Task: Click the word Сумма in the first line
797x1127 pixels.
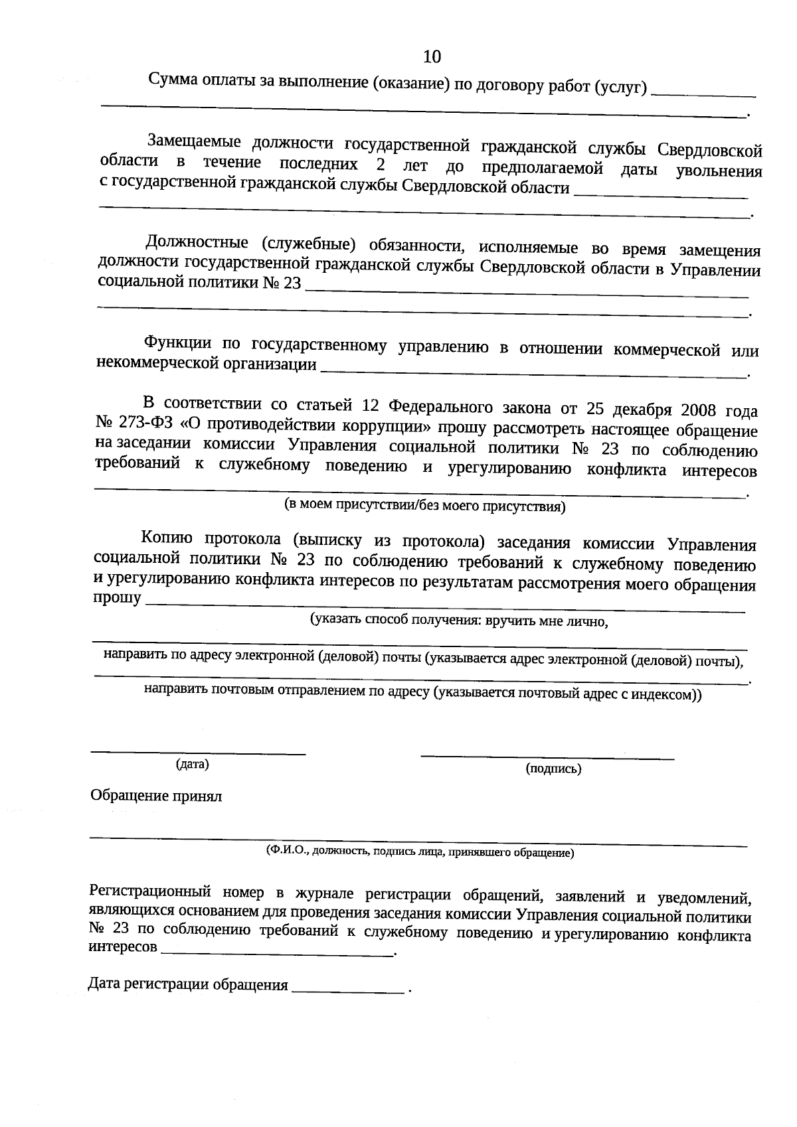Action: coord(172,81)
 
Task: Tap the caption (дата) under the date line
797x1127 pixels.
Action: coord(192,765)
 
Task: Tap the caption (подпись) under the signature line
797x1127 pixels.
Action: coord(553,769)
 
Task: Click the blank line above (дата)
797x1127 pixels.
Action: coord(198,753)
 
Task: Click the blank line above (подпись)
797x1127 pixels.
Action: coord(547,757)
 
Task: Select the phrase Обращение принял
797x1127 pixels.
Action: coord(156,796)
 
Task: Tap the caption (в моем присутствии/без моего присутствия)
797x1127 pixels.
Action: coord(424,506)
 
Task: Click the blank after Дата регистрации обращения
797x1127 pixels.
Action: coord(348,992)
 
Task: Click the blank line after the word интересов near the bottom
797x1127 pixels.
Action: coord(277,954)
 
